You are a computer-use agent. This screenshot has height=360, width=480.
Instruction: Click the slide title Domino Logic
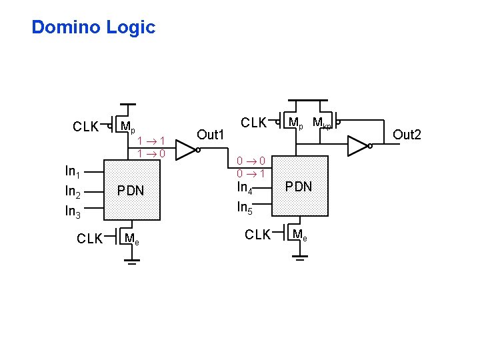(x=93, y=27)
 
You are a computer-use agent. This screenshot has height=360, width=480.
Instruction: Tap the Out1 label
(x=210, y=135)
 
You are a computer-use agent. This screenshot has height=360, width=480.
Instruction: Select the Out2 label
(x=407, y=135)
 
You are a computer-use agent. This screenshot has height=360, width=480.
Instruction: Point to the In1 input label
(x=72, y=172)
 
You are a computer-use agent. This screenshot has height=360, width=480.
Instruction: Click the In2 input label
(x=72, y=193)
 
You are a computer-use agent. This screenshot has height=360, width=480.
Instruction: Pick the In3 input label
(x=72, y=213)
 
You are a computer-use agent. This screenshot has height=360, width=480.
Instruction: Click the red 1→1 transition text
(x=151, y=141)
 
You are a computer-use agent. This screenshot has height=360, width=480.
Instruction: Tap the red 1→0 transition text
(x=151, y=153)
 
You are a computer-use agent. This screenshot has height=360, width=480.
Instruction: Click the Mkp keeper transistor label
(x=321, y=123)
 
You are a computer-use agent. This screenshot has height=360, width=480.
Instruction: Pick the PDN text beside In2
(x=131, y=191)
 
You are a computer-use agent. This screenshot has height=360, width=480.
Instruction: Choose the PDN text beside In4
(x=299, y=187)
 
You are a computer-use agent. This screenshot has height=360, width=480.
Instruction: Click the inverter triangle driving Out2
(x=358, y=146)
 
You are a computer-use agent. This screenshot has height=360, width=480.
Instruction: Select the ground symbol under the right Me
(x=300, y=257)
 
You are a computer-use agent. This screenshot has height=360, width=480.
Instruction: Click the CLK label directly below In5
(x=258, y=235)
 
